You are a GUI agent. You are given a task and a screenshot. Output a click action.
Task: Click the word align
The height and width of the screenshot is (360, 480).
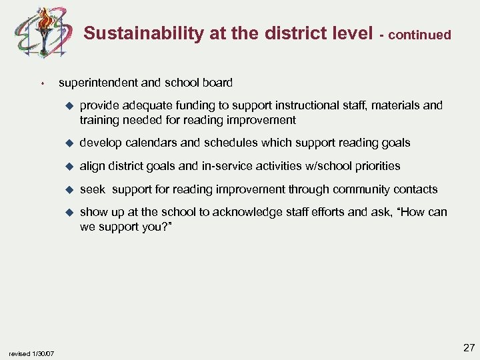92,165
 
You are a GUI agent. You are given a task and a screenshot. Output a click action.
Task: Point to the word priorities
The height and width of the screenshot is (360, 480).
375,165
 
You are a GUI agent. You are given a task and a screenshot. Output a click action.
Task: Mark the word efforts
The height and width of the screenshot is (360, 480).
316,212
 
